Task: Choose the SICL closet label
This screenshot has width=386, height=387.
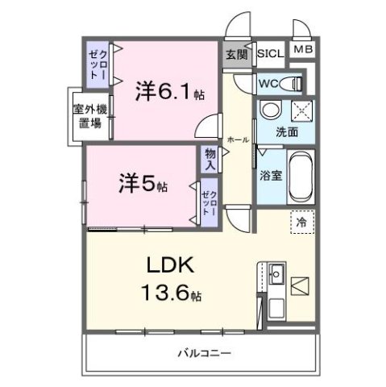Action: click(270, 53)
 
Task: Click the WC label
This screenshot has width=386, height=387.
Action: click(268, 83)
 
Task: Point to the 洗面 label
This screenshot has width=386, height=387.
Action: click(287, 131)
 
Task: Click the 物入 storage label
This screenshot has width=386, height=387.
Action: click(210, 157)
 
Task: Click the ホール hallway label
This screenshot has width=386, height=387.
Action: click(238, 139)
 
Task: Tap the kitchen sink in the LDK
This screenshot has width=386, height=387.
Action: click(275, 274)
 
